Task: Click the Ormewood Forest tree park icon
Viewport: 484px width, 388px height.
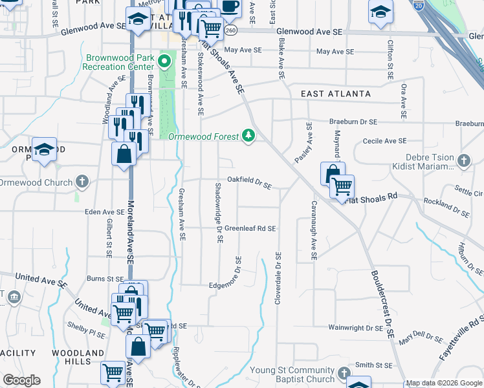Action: (x=248, y=135)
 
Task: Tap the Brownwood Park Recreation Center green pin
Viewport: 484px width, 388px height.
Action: (x=164, y=62)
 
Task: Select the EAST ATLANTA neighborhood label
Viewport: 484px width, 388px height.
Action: (x=336, y=94)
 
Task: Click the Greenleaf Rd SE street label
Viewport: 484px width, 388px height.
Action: (x=250, y=228)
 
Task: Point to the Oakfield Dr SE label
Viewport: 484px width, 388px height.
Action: (x=248, y=183)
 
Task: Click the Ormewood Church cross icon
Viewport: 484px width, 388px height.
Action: (x=82, y=181)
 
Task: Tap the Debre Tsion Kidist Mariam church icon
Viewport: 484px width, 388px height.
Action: (x=463, y=160)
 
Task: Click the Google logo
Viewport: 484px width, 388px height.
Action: (x=21, y=380)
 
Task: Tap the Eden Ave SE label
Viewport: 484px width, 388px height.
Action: (x=104, y=211)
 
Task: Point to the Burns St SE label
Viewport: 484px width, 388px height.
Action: (x=105, y=279)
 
